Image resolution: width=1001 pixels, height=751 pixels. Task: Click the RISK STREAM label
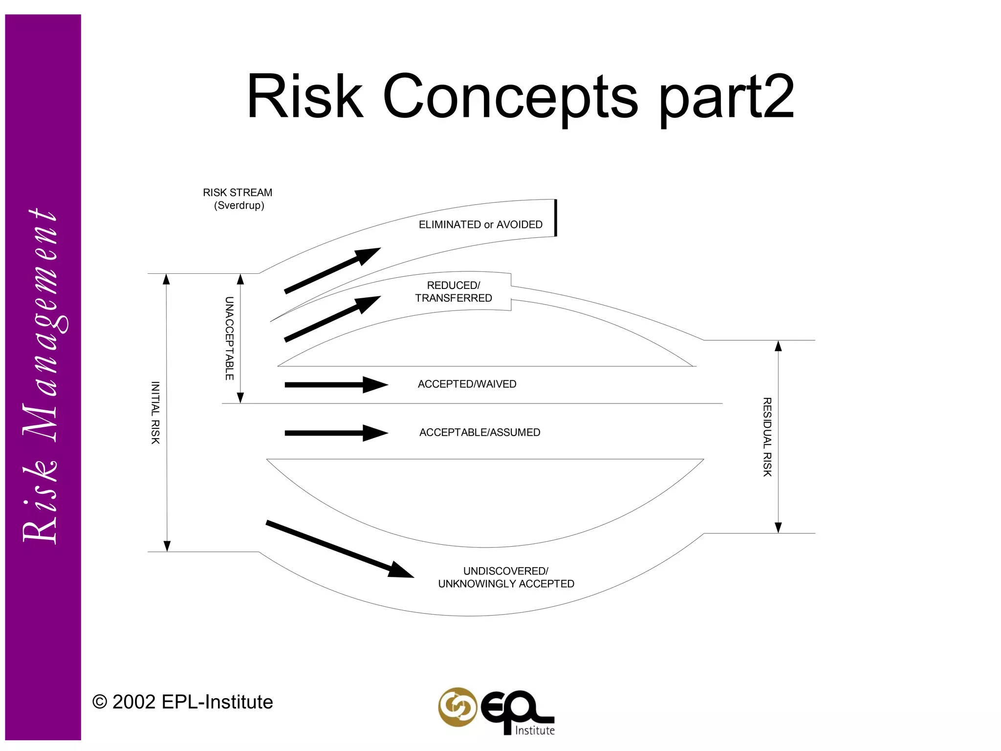[238, 193]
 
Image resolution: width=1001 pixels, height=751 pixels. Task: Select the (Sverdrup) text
[239, 205]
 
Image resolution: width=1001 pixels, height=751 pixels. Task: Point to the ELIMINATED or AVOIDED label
[480, 224]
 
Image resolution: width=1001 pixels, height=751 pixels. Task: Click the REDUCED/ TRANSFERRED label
[454, 292]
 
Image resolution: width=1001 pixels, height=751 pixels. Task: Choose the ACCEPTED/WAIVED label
[467, 384]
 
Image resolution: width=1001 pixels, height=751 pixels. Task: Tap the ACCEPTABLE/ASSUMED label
[479, 433]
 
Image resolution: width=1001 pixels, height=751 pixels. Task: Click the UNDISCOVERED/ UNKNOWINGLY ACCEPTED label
[506, 577]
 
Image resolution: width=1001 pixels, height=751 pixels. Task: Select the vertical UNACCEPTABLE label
[229, 338]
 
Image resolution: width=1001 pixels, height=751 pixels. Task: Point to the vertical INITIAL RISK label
[155, 413]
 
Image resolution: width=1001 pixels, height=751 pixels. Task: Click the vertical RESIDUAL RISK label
[767, 437]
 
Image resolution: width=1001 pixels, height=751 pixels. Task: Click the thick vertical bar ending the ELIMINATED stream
[556, 218]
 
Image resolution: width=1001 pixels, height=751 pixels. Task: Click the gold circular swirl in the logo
[457, 707]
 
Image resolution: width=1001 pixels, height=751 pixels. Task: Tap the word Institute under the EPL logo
[535, 730]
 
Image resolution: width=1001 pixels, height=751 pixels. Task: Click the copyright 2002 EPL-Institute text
[183, 702]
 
